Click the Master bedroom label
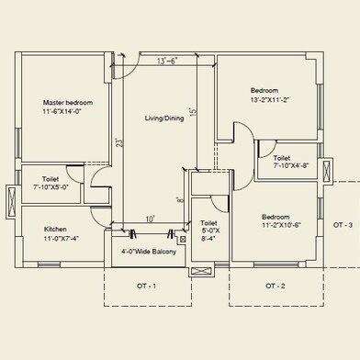68,103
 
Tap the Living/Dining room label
164,118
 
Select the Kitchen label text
55,229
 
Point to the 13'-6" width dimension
167,61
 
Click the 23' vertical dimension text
120,142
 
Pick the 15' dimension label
192,111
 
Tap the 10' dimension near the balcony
150,219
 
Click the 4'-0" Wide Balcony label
149,252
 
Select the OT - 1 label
146,286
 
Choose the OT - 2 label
276,286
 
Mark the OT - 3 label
343,225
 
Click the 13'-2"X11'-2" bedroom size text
270,99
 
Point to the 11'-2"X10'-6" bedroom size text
282,225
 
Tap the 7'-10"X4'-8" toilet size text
291,165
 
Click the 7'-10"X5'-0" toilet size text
51,186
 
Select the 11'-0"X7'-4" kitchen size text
61,238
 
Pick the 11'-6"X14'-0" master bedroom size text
62,111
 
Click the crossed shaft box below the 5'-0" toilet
201,271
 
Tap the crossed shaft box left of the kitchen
13,202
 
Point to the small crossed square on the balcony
183,239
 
